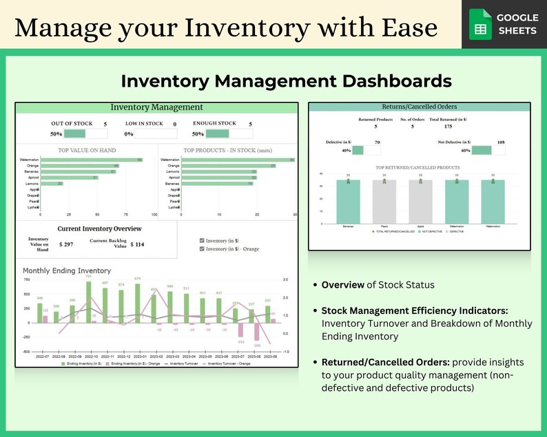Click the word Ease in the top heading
coord(406,27)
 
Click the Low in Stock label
coord(144,124)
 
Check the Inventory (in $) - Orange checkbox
coord(201,248)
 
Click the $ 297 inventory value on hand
coord(66,244)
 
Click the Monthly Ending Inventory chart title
coord(67,270)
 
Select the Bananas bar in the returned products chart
coord(348,202)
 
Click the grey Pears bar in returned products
coord(384,202)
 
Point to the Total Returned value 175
coord(448,127)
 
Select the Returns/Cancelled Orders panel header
coord(420,107)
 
